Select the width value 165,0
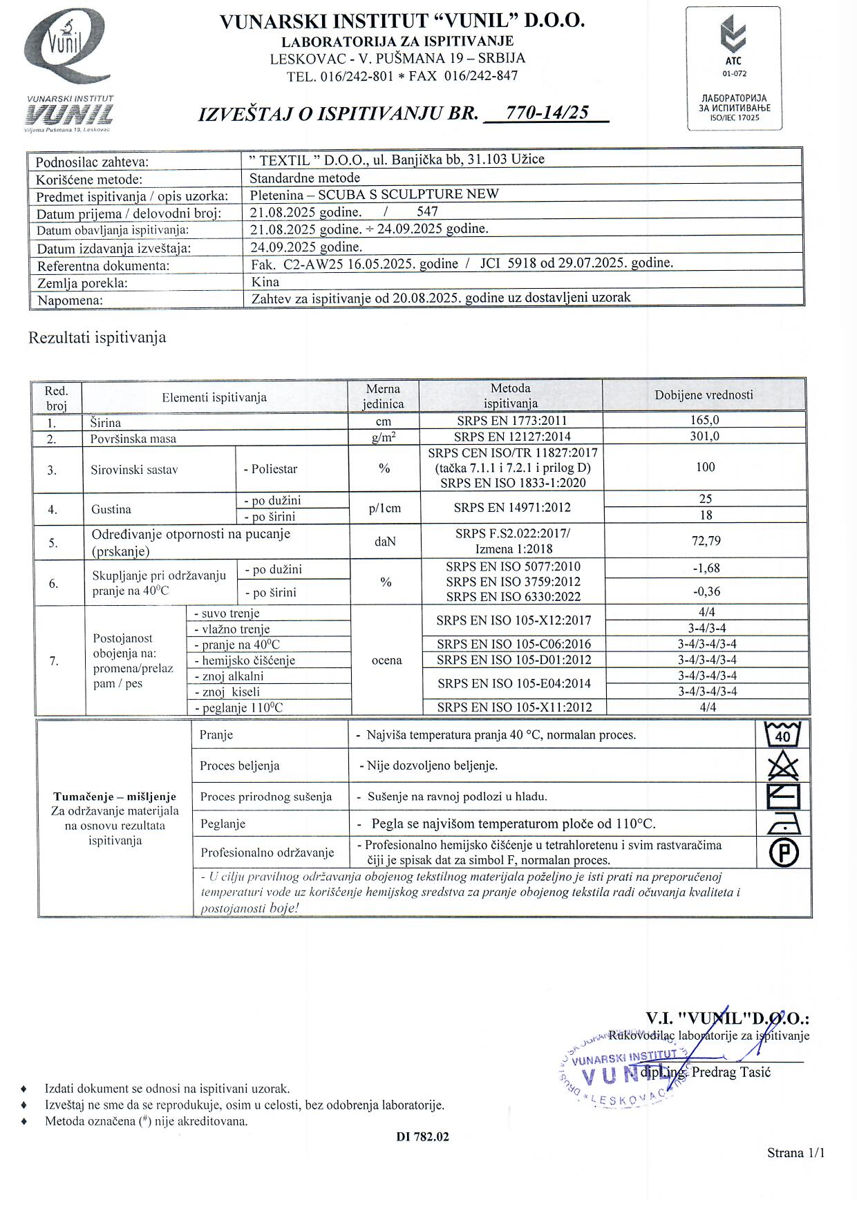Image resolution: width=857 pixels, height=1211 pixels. point(704,420)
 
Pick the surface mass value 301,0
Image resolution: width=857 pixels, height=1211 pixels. point(704,437)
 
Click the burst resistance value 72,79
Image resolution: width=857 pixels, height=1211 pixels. point(706,541)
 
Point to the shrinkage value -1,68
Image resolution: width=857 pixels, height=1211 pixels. point(706,569)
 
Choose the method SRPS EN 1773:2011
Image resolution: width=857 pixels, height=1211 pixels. point(511,420)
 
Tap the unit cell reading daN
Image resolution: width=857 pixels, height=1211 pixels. point(385,542)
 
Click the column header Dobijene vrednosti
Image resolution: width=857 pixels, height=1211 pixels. point(704,395)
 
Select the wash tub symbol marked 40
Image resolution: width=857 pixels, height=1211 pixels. point(783,734)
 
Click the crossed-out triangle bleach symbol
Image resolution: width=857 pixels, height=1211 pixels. point(783,766)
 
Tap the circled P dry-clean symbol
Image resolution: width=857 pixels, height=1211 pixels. point(784,852)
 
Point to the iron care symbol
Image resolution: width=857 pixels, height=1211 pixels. point(784,823)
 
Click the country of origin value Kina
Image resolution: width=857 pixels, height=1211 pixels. point(265,282)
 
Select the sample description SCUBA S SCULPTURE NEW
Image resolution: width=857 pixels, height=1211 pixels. point(408,194)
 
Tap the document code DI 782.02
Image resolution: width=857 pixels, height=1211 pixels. point(423,1136)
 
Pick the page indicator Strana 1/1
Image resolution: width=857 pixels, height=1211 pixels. point(795,1152)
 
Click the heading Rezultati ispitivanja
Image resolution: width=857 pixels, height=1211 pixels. point(97,338)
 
